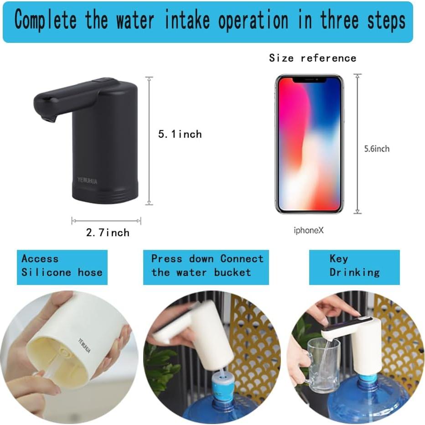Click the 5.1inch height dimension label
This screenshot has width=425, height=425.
pyautogui.click(x=180, y=134)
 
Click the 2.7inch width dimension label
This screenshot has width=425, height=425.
pyautogui.click(x=108, y=233)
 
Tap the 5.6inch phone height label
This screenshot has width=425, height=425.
pyautogui.click(x=377, y=149)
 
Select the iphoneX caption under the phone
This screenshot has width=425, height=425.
pyautogui.click(x=309, y=231)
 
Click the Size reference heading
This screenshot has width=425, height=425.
pyautogui.click(x=312, y=58)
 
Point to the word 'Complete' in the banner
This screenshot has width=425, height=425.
pyautogui.click(x=46, y=21)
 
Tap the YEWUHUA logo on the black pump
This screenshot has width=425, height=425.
pyautogui.click(x=87, y=181)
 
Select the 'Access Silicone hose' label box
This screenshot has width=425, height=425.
pyautogui.click(x=62, y=267)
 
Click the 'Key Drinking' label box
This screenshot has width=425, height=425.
pyautogui.click(x=354, y=267)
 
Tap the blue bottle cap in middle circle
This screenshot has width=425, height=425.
pyautogui.click(x=223, y=382)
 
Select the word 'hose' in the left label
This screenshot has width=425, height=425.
pyautogui.click(x=90, y=273)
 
